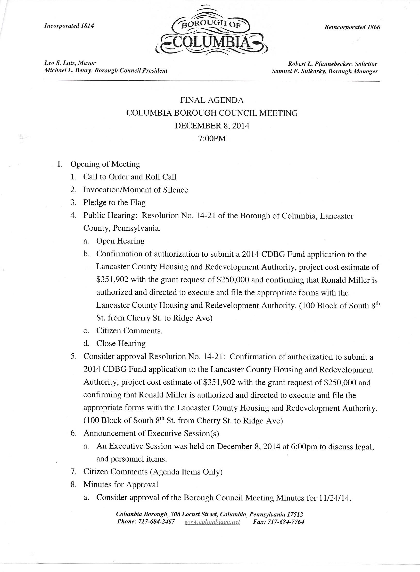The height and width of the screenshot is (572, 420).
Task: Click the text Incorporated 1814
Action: click(x=69, y=26)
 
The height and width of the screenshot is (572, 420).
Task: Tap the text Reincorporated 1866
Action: click(x=352, y=27)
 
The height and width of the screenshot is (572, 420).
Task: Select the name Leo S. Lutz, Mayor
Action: click(x=70, y=63)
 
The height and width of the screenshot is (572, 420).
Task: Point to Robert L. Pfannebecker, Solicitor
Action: click(x=333, y=64)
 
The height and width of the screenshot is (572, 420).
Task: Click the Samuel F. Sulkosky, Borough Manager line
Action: click(x=325, y=72)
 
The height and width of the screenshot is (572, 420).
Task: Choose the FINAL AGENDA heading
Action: click(x=212, y=100)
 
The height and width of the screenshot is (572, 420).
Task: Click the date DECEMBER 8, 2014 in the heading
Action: click(x=212, y=126)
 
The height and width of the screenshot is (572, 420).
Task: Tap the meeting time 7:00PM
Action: click(x=212, y=139)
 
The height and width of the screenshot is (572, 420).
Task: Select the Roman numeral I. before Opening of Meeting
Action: click(x=60, y=164)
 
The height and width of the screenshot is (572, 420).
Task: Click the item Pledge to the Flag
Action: click(x=114, y=203)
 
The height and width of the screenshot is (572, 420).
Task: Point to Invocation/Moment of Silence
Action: click(x=136, y=190)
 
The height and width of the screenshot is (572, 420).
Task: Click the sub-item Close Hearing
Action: click(x=121, y=343)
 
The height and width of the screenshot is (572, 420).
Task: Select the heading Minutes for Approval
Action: click(x=121, y=484)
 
